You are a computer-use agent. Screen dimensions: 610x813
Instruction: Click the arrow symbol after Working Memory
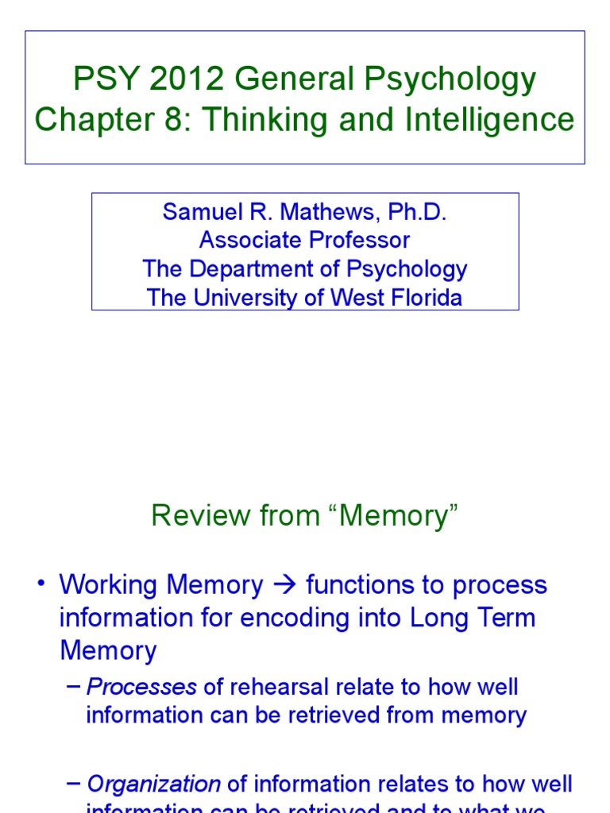[x=284, y=585]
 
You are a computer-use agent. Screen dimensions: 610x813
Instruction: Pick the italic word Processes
[x=141, y=687]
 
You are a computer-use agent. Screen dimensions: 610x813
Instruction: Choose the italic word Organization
[x=153, y=784]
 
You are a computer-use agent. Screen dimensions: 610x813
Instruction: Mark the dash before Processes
[x=75, y=686]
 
